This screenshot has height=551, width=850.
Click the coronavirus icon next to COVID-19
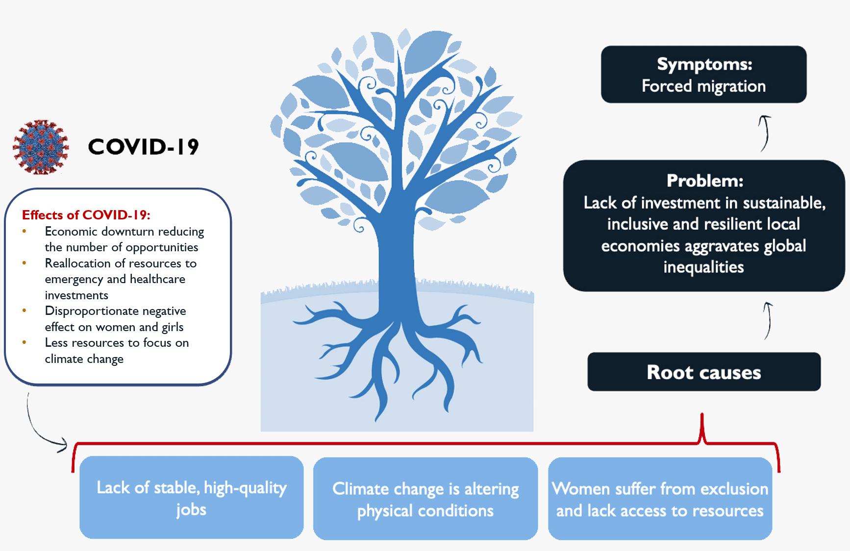click(41, 147)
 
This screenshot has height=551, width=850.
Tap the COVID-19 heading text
click(144, 147)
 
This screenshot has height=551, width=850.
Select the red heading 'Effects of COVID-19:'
click(86, 215)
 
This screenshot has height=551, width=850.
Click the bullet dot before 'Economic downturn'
click(25, 231)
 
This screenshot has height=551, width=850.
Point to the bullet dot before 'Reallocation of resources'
click(25, 263)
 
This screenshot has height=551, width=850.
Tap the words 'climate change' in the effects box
click(84, 359)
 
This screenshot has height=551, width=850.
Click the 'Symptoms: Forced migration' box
click(703, 74)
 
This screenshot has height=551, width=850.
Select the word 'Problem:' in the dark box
click(704, 181)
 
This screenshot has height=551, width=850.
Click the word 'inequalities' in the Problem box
click(703, 267)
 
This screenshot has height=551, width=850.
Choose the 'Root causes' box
click(703, 372)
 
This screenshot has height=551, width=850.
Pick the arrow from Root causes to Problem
click(768, 321)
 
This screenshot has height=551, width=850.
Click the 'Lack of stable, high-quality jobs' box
click(192, 498)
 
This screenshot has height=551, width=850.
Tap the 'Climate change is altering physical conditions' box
click(425, 499)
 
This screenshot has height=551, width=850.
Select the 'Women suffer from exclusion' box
click(660, 499)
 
